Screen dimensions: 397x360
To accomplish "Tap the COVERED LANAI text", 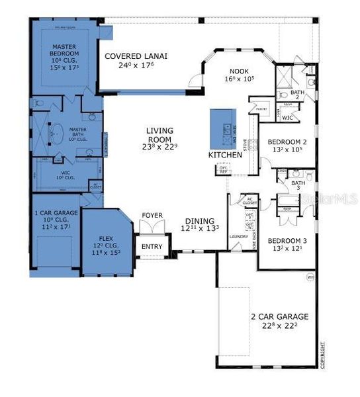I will [136, 56].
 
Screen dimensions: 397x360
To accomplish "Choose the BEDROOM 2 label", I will [287, 142].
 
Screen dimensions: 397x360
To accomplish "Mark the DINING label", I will [199, 223].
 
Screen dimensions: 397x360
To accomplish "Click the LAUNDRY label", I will [238, 236].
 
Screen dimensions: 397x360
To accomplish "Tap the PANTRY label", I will [261, 109].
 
